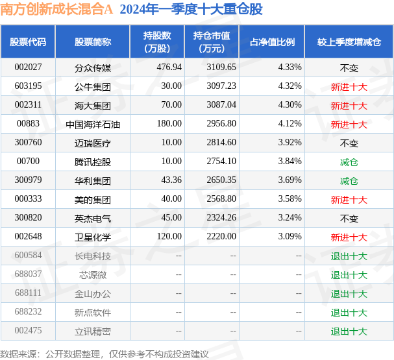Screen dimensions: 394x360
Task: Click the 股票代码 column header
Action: tap(28, 42)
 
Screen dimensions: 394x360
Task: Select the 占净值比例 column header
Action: tap(272, 42)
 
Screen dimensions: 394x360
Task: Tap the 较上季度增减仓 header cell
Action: tap(349, 42)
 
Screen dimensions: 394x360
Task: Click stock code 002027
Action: tap(28, 67)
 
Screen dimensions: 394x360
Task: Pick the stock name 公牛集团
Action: tap(93, 87)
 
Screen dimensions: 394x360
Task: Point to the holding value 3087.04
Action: tap(221, 104)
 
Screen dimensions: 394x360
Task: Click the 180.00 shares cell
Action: tap(169, 123)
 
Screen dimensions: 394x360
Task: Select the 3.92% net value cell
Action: tap(289, 142)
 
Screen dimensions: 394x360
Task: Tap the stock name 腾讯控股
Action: tap(93, 162)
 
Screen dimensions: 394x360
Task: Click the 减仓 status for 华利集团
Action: tap(349, 181)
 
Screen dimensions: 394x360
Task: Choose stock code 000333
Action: tap(28, 199)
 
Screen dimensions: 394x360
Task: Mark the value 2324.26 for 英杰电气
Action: tap(221, 218)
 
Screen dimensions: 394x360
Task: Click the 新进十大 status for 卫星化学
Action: tap(349, 237)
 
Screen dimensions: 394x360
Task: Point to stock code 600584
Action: tap(28, 256)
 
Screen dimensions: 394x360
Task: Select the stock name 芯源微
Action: tap(93, 275)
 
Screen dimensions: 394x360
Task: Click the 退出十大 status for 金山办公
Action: tap(349, 294)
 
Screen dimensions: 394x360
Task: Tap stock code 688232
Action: tap(28, 312)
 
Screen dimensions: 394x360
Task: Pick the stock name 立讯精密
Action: tap(93, 331)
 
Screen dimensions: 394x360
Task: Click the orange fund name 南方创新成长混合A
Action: tap(56, 10)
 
